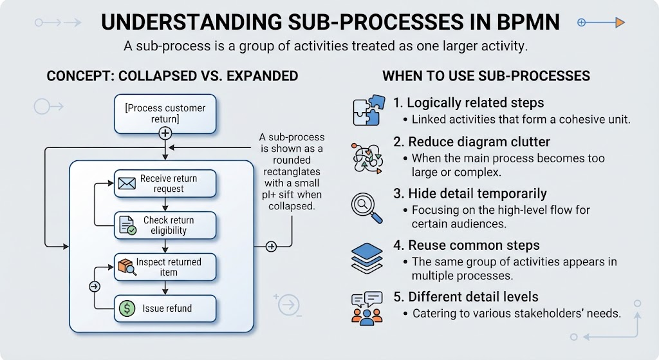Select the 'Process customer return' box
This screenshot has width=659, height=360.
pos(165,113)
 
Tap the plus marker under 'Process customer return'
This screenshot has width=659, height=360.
pos(165,133)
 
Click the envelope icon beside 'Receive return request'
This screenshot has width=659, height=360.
pos(127,184)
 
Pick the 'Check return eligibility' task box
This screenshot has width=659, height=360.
pos(165,225)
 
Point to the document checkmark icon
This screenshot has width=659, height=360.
pos(127,225)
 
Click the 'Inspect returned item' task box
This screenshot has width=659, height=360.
pos(165,267)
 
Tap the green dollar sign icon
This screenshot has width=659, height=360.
pos(127,308)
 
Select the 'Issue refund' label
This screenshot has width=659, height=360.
pos(167,308)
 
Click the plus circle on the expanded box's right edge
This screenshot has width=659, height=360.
pos(271,247)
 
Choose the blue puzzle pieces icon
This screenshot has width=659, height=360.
pos(369,110)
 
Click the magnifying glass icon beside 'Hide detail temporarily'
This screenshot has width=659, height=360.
pos(366,208)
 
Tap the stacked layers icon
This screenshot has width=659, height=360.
pos(367,258)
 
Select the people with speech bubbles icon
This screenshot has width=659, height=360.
pos(367,308)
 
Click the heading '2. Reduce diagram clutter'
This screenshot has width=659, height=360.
pos(472,142)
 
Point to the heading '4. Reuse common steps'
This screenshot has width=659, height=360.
pos(467,245)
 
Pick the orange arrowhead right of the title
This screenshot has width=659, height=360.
pos(620,23)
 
